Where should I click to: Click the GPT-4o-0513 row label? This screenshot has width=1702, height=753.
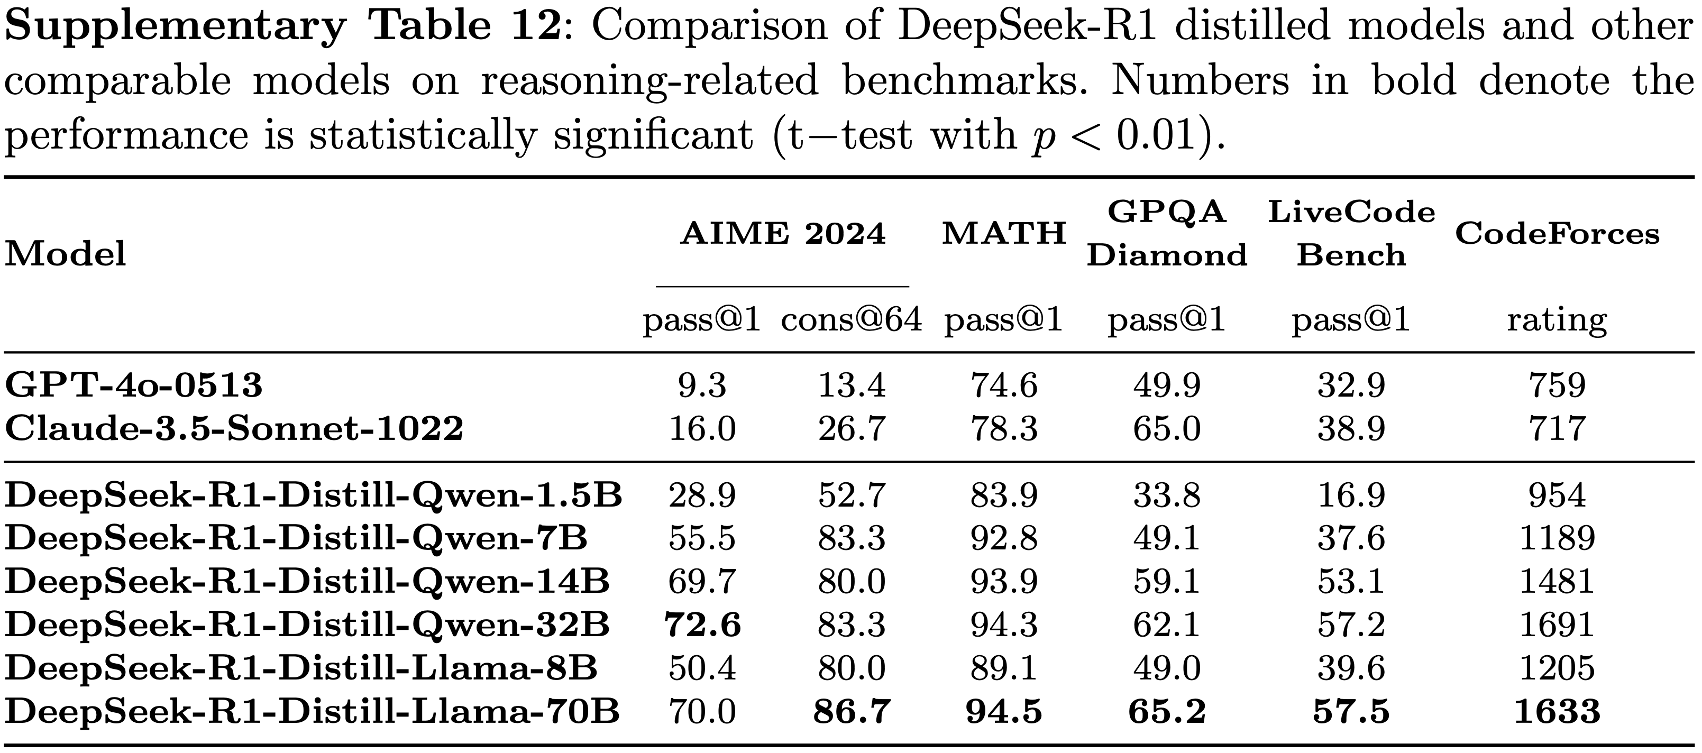[133, 385]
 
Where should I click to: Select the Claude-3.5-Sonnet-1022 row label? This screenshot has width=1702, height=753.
[234, 429]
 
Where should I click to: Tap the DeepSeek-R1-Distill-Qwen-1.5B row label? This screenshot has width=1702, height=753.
[313, 495]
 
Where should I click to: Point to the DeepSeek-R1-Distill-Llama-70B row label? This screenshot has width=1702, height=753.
[312, 711]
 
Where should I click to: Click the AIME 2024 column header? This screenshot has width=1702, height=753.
[782, 234]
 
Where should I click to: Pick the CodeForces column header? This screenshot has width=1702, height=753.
[1557, 234]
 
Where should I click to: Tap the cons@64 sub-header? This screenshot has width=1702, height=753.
[851, 320]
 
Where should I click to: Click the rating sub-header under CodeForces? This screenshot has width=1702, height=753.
[1557, 320]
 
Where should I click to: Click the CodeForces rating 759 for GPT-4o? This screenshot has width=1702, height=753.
[1557, 385]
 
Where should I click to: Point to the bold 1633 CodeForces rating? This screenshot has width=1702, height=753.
[1557, 711]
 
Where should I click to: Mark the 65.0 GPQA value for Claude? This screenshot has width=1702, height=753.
[1166, 429]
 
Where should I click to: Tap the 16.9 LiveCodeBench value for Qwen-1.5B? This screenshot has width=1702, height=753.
[1350, 495]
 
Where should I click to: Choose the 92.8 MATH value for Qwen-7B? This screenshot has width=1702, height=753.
[1004, 538]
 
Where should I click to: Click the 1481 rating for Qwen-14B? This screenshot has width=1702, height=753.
[1557, 581]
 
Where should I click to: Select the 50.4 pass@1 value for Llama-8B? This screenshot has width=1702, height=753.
[702, 668]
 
